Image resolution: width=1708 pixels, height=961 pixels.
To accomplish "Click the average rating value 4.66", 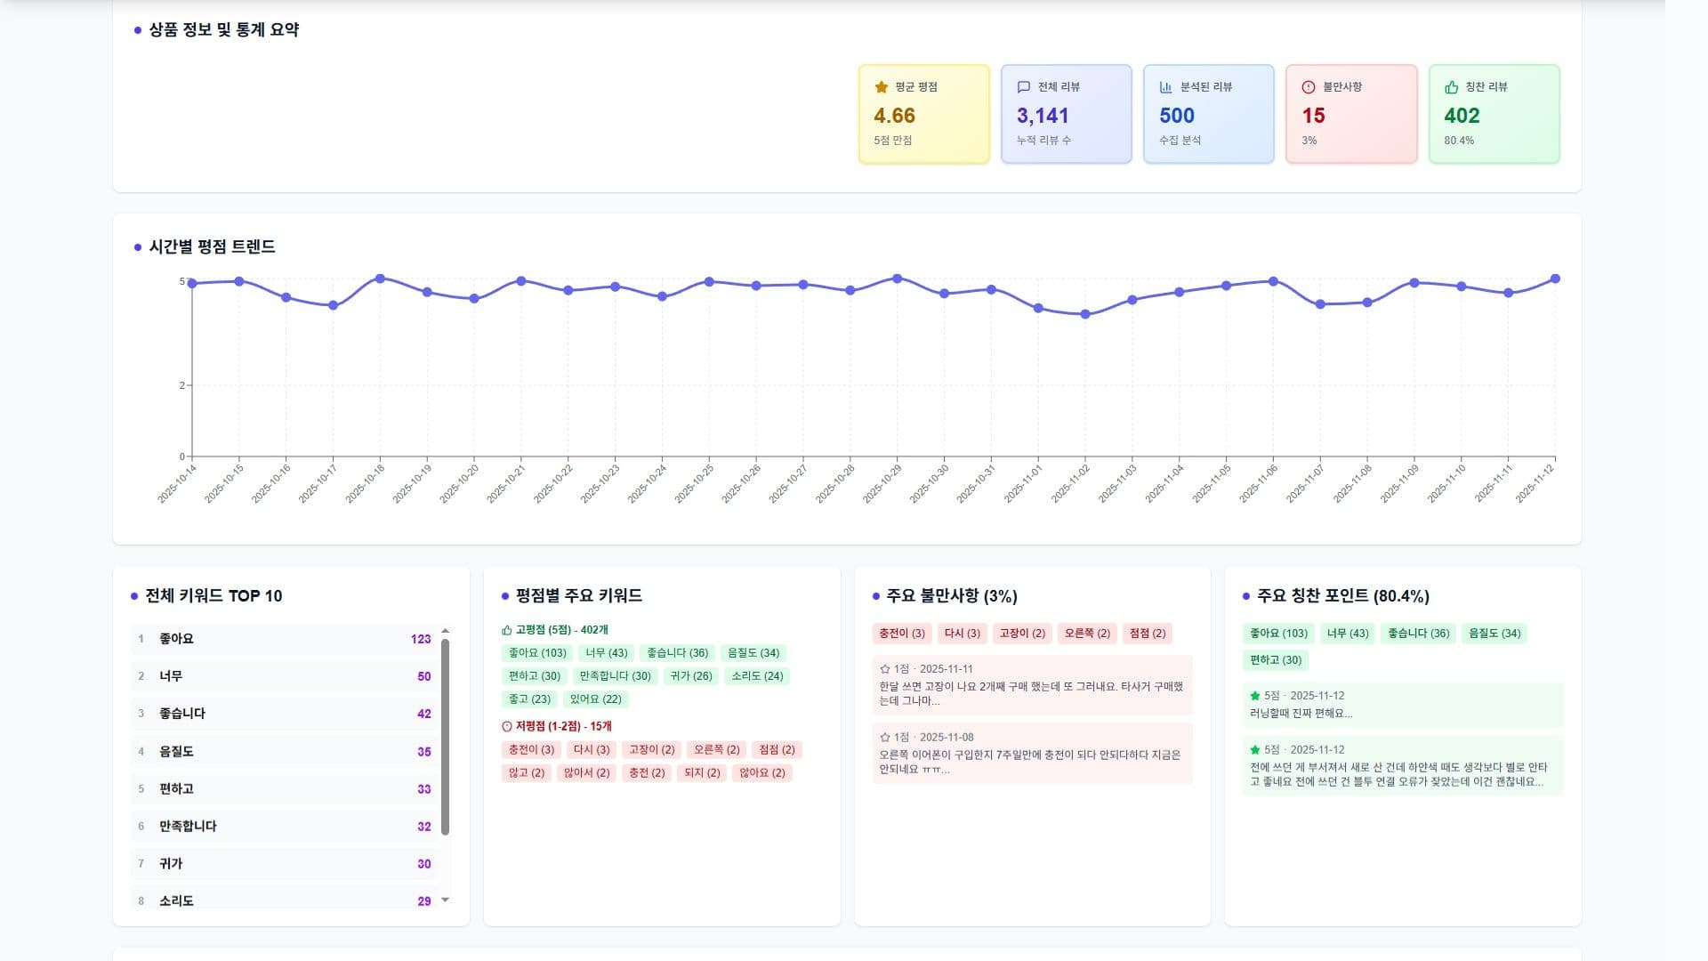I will tap(894, 116).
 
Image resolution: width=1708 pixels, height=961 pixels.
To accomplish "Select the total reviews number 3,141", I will tap(1043, 116).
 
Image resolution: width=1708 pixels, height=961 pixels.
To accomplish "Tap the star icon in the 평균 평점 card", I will tap(882, 87).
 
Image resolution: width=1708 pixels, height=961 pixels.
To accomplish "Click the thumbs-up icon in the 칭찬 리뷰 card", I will tap(1452, 87).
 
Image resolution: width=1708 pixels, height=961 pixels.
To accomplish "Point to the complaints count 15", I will tap(1313, 116).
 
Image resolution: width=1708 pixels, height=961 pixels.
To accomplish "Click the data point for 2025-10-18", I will tap(380, 279).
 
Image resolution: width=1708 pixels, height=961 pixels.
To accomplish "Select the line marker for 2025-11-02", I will tap(1084, 314).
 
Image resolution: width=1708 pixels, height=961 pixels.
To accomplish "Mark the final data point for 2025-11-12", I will tap(1555, 279).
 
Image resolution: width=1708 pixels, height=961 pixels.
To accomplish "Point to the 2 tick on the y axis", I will tap(182, 385).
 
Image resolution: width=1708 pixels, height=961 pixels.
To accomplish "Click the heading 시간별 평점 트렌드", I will tap(212, 246).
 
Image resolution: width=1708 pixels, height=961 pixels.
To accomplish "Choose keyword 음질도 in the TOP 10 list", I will tap(176, 751).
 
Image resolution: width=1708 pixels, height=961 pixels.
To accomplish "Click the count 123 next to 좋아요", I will tap(421, 639).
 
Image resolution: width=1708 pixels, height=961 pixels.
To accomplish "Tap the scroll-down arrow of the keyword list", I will tap(446, 900).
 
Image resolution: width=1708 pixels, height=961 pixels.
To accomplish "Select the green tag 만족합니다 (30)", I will tap(616, 676).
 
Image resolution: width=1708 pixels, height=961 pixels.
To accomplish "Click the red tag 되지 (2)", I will tap(702, 772).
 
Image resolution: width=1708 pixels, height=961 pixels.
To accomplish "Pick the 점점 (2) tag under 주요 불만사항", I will tap(1147, 634).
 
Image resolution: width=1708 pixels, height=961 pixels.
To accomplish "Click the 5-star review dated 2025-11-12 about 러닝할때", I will tap(1402, 705).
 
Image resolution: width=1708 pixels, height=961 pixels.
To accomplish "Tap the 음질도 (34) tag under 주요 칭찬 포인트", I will tap(1494, 634).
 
